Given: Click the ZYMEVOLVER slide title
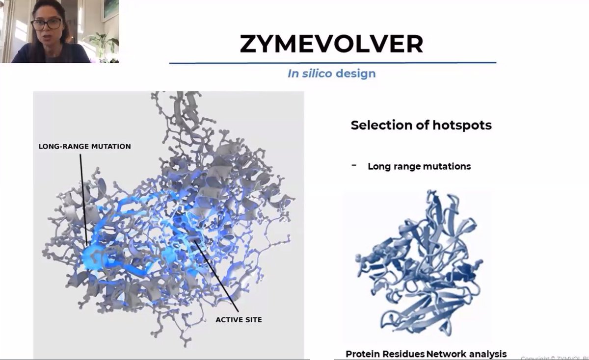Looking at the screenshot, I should coord(331,44).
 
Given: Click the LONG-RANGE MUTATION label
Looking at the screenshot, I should coord(85,146).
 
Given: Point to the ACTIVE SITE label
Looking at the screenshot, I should coord(239,320).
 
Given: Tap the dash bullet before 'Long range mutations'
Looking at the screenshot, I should coord(354,165).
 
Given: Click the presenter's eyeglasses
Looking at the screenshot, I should coord(46,24).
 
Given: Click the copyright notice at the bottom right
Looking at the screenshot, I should coord(555,358).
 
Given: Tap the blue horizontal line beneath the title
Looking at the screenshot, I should coord(332,63).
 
